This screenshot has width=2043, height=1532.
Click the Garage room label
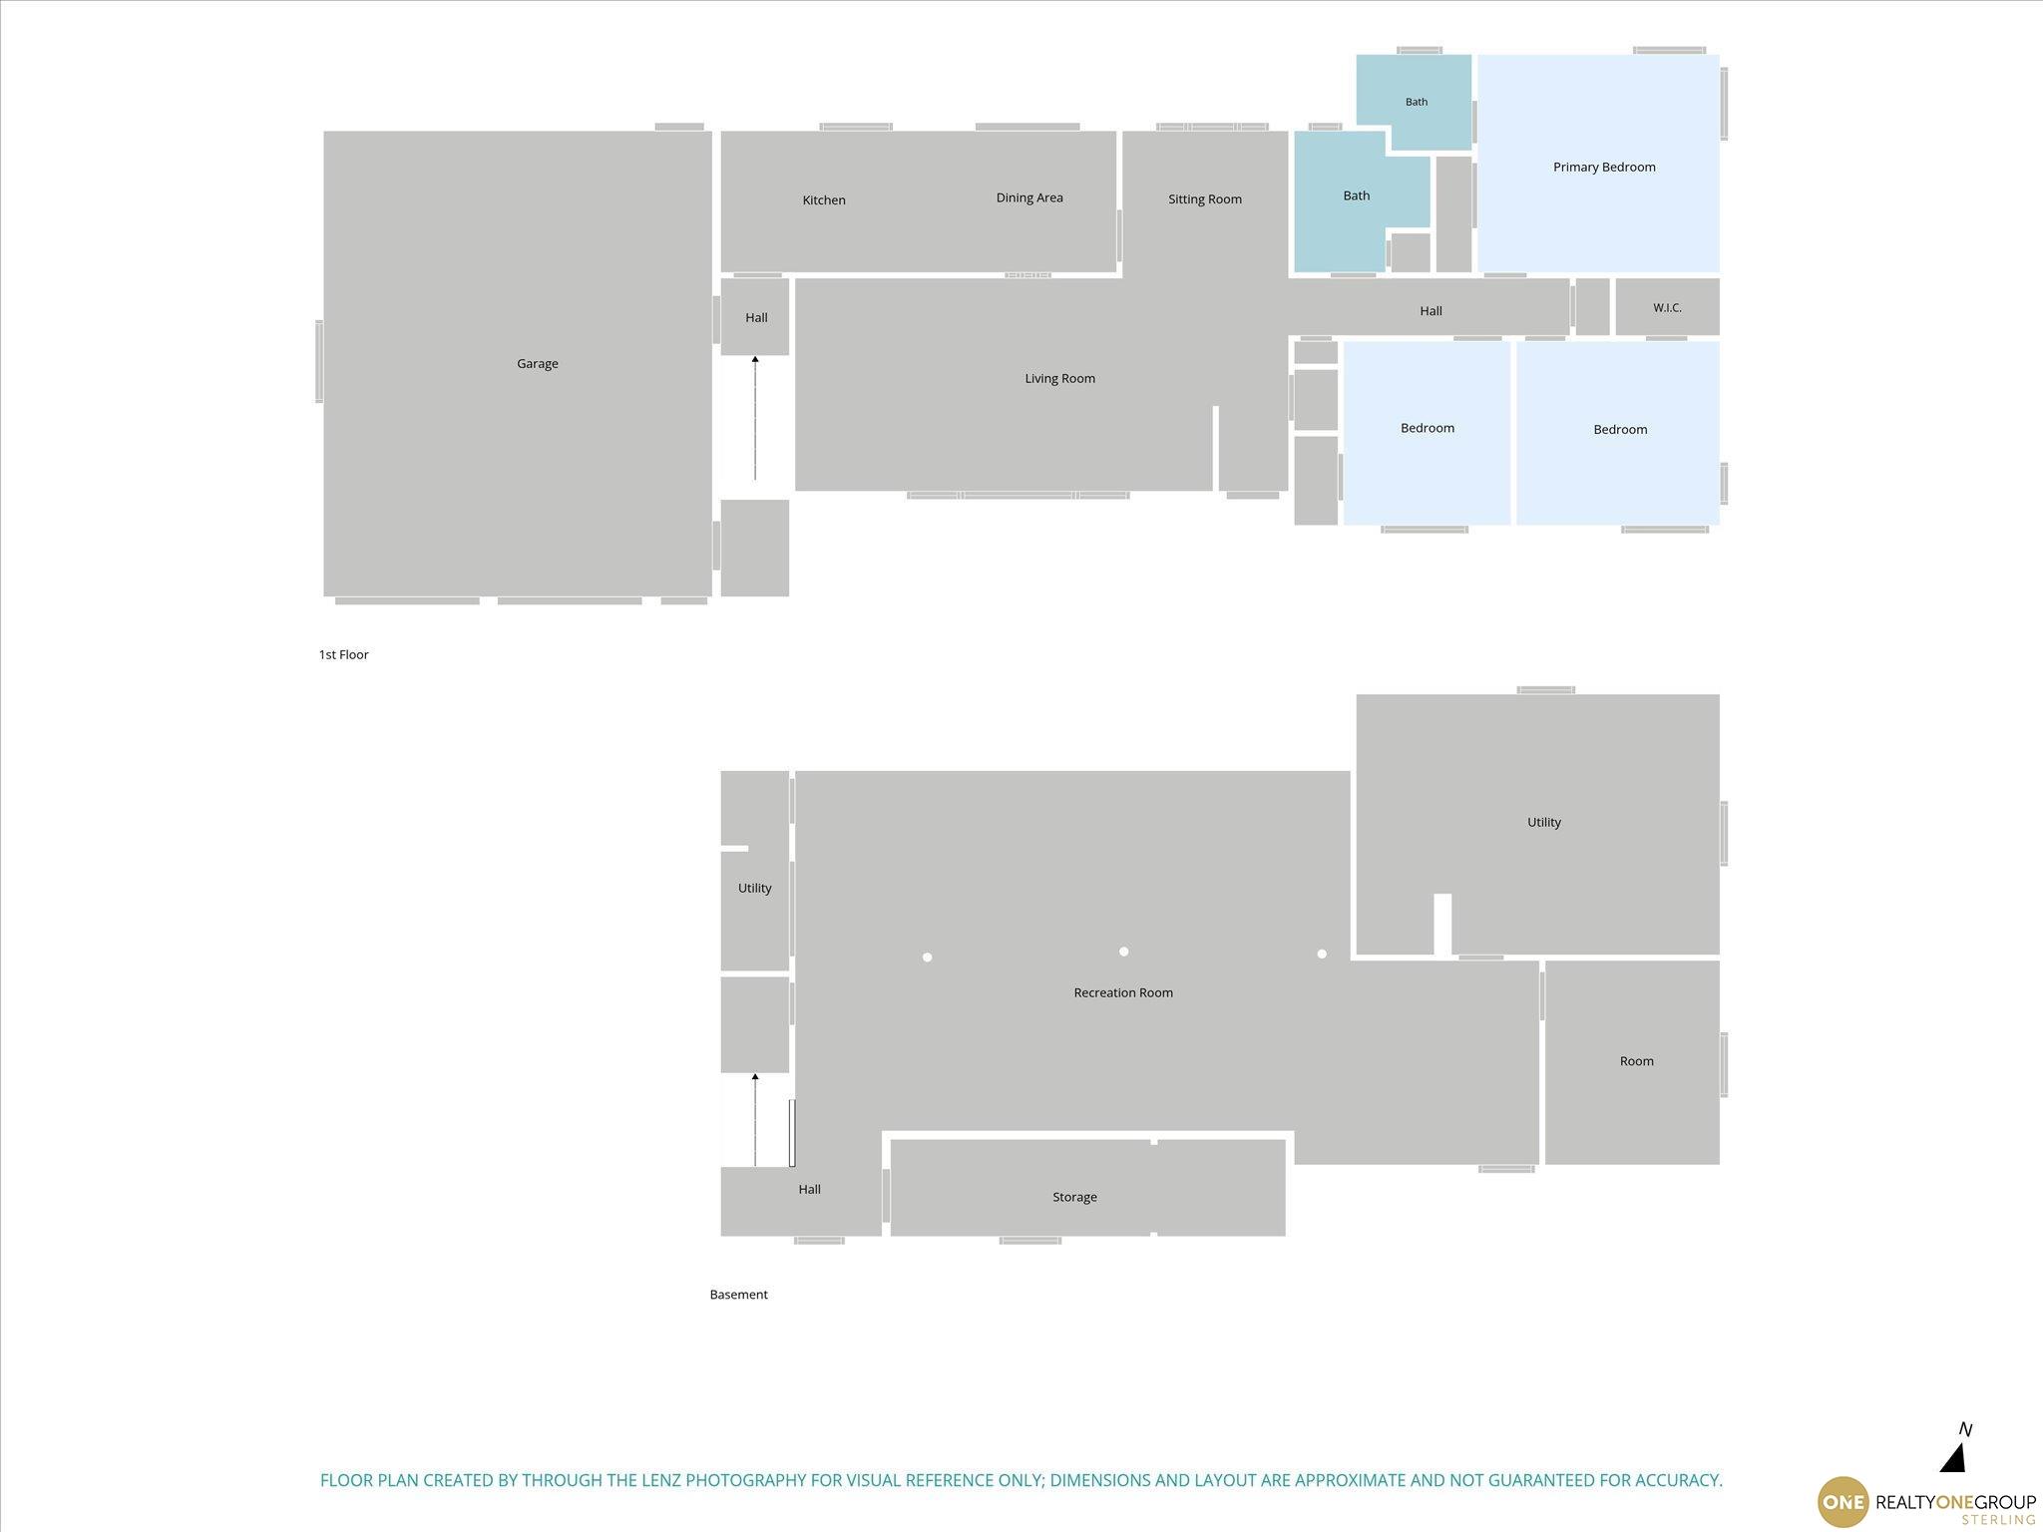click(537, 364)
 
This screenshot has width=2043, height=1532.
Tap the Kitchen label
click(824, 200)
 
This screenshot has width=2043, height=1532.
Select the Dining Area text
click(1029, 197)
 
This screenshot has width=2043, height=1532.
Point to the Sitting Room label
click(1205, 199)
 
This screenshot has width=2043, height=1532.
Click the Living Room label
click(1059, 379)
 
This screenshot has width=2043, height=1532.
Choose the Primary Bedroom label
click(1604, 168)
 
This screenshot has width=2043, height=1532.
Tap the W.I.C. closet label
click(1667, 308)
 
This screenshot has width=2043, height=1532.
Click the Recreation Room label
click(1123, 992)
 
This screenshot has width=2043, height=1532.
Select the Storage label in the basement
click(1074, 1197)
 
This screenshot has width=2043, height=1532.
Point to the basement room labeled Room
click(1636, 1061)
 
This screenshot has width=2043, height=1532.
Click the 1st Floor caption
click(343, 655)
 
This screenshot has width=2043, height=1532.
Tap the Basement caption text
click(738, 1295)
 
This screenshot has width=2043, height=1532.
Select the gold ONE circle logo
click(1842, 1502)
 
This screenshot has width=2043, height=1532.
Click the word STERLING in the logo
click(1999, 1520)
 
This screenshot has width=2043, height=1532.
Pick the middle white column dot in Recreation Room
click(1123, 952)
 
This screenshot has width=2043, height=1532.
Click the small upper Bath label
click(1417, 102)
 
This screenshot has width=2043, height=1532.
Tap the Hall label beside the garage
click(756, 318)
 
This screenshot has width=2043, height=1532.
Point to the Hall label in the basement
click(809, 1189)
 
